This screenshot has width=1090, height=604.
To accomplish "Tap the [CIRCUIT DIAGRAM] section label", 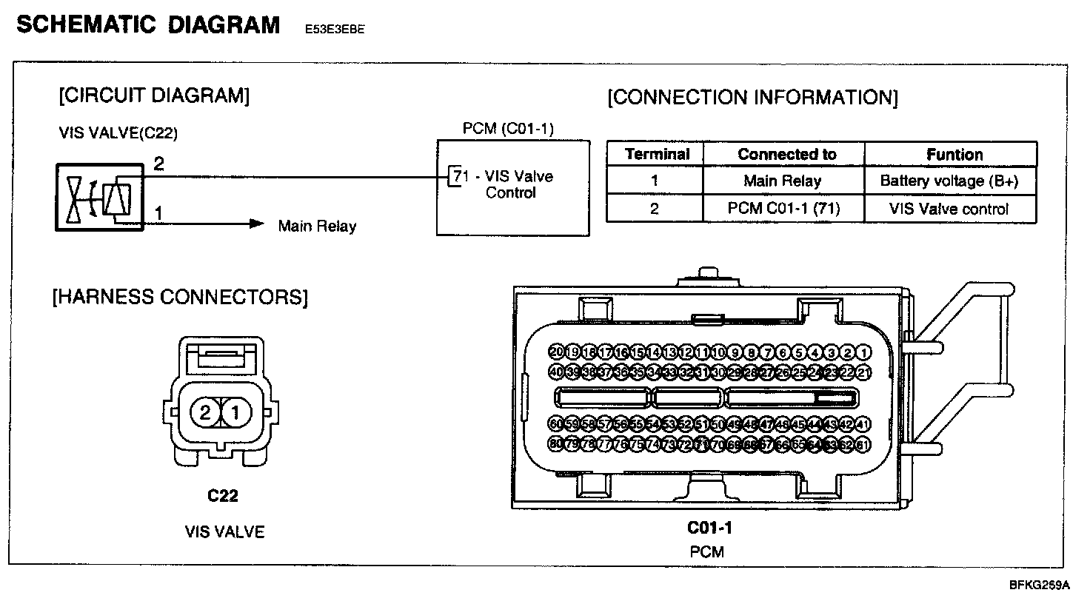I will click(x=154, y=95).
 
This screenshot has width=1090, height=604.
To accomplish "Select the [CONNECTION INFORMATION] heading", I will click(x=752, y=98).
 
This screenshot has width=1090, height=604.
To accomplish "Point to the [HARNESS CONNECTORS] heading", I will click(x=180, y=298).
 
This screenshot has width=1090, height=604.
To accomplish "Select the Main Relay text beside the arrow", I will click(x=317, y=226).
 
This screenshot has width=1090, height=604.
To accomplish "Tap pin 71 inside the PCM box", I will click(x=459, y=177).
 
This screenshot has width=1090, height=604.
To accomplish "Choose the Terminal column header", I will click(x=657, y=155).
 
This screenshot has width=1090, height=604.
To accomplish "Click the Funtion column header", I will click(x=954, y=155).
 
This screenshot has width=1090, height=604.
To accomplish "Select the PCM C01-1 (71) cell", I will click(x=783, y=209).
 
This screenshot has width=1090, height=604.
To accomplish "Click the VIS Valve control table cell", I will click(x=949, y=209).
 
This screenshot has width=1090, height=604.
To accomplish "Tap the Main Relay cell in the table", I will click(x=783, y=181).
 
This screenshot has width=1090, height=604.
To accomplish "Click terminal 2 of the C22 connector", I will click(x=204, y=412).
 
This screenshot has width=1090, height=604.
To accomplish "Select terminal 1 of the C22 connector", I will click(x=235, y=412).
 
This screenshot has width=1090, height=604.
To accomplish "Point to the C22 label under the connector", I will click(x=223, y=495).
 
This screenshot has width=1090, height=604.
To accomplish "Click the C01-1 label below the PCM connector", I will click(x=709, y=528).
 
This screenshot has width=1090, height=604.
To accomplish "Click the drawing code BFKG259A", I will click(x=1039, y=585).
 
